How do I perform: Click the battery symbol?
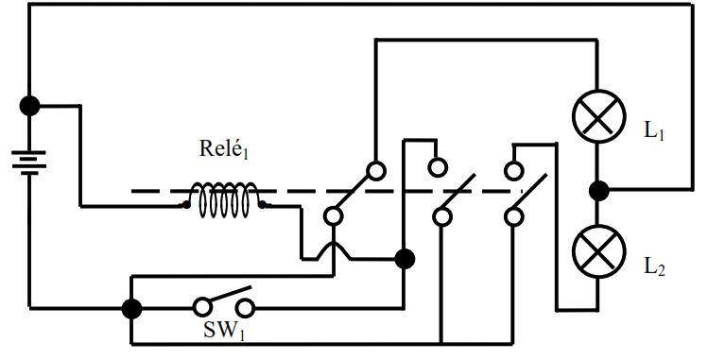29,163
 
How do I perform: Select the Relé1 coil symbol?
224,200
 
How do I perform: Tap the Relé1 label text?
224,149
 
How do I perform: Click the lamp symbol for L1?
598,116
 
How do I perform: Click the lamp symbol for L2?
598,251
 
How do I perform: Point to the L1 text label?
654,131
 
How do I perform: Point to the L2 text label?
654,267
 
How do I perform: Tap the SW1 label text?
224,331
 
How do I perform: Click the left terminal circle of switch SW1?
202,307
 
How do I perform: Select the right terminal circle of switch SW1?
245,309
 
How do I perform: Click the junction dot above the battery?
30,106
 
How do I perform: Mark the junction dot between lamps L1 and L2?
599,191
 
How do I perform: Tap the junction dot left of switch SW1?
131,310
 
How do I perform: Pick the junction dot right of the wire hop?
405,260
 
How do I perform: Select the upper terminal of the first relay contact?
376,171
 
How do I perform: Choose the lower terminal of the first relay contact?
334,216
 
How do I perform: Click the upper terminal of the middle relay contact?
437,167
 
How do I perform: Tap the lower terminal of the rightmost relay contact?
513,216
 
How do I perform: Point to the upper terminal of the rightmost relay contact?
513,171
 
